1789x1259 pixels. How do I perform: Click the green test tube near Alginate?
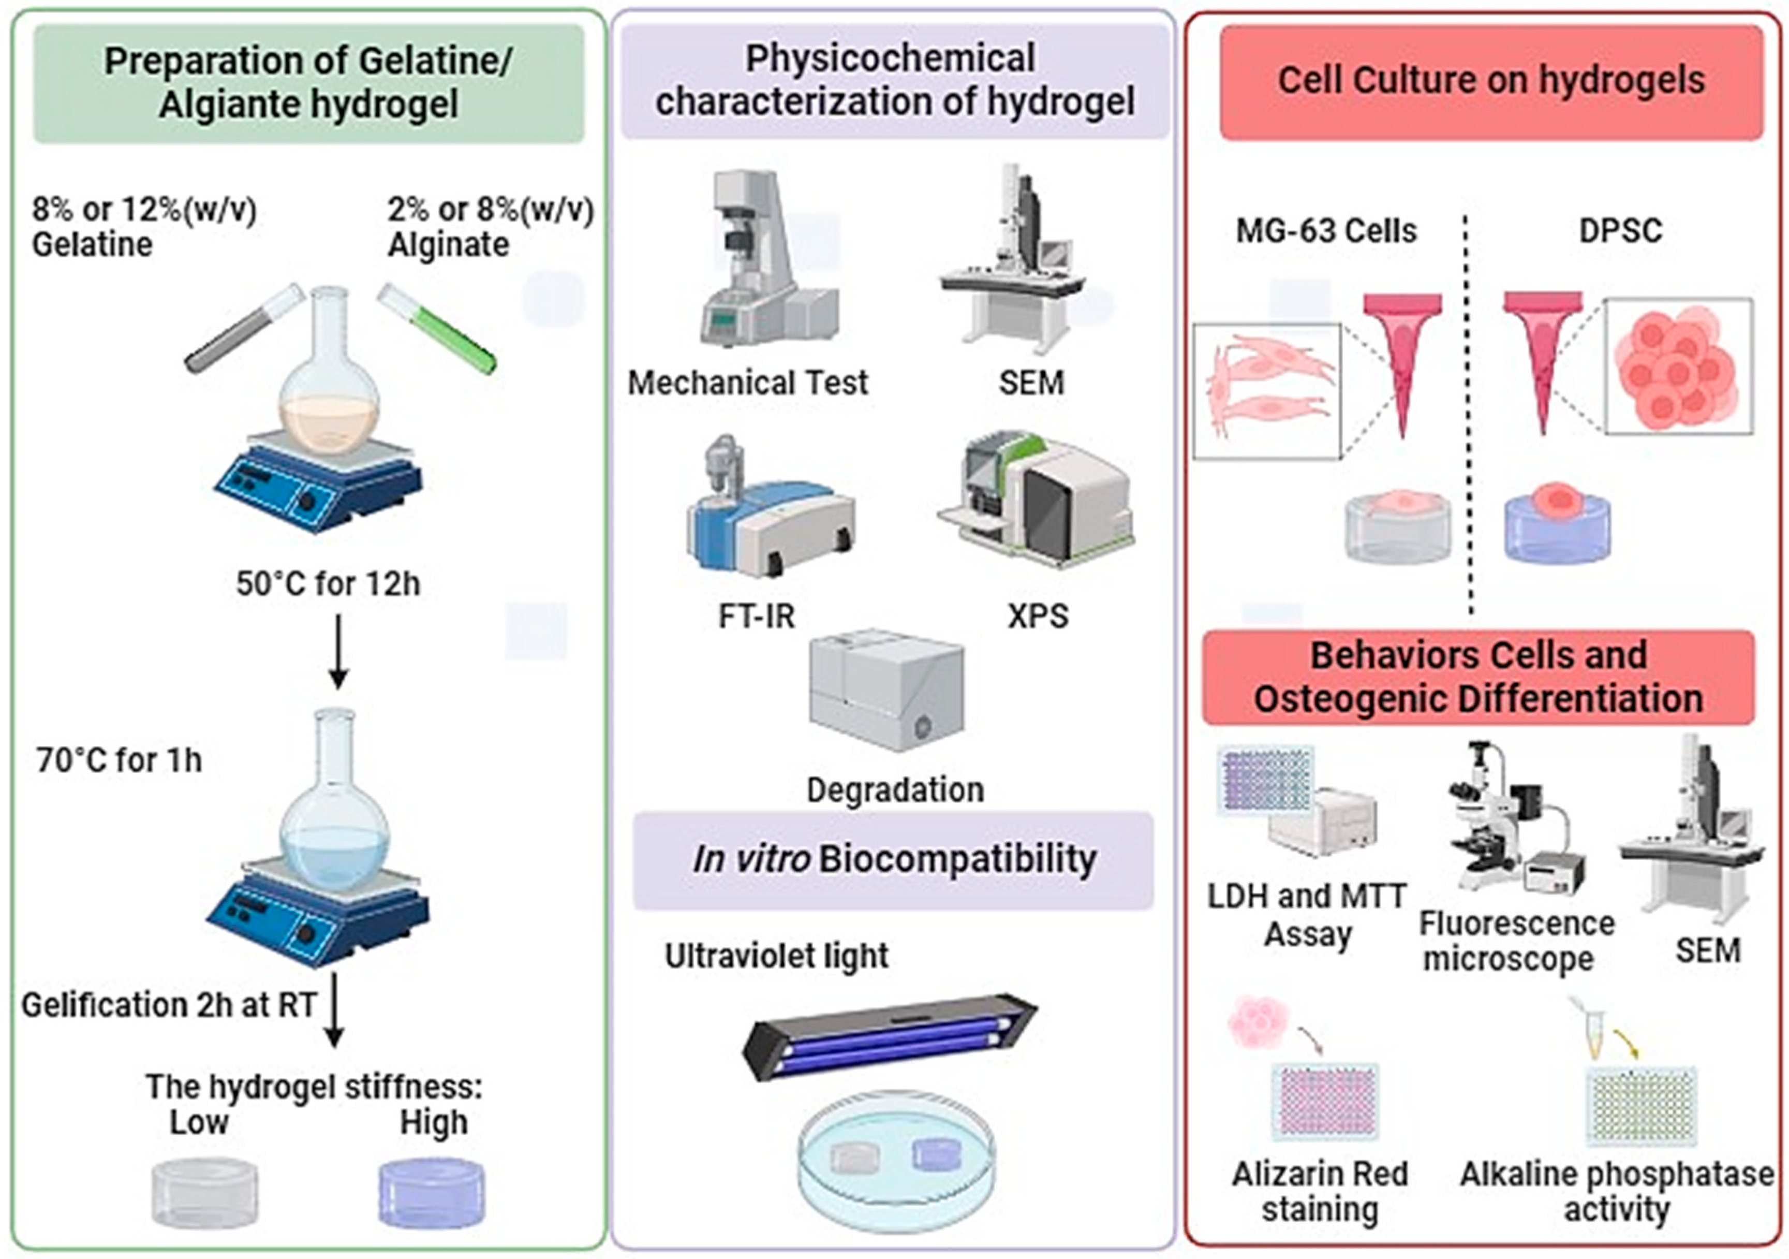(437, 328)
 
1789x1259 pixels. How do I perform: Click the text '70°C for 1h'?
(119, 760)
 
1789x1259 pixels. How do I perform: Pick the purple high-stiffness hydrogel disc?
(431, 1193)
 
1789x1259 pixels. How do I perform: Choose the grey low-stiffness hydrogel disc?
(203, 1193)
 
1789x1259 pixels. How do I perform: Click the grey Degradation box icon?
(886, 690)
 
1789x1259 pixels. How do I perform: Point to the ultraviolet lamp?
(888, 1037)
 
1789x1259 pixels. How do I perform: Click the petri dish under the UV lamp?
(896, 1162)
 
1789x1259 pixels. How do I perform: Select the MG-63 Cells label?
(1326, 231)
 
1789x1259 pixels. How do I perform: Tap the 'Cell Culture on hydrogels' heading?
(1490, 80)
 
